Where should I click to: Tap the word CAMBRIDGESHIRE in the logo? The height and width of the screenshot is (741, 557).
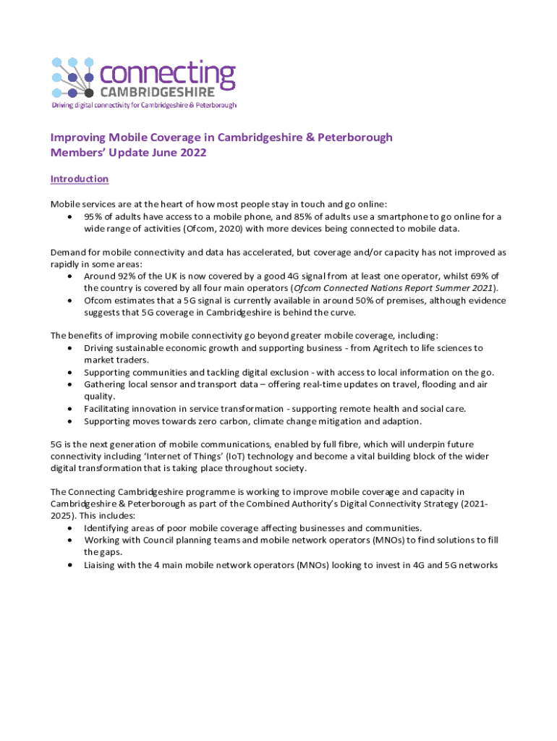[156, 92]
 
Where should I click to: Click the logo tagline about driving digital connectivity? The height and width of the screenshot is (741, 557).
[143, 105]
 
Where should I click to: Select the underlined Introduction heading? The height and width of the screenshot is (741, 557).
[79, 179]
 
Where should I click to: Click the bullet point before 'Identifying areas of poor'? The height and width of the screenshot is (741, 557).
[69, 528]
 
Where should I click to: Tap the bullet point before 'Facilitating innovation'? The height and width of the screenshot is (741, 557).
[69, 408]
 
